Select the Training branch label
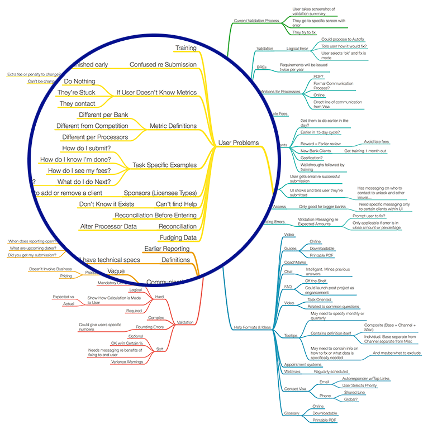(x=186, y=48)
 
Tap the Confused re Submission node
(x=163, y=65)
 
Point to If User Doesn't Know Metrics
(x=156, y=93)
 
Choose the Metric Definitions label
(x=173, y=126)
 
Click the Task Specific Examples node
(x=164, y=165)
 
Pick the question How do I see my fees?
(x=79, y=171)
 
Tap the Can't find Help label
(x=176, y=204)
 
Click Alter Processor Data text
(x=109, y=227)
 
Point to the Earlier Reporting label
(x=167, y=249)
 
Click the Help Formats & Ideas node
(x=253, y=327)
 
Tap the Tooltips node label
(x=291, y=336)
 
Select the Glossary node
(x=291, y=413)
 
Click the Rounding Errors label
(x=150, y=327)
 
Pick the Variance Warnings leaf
(x=127, y=361)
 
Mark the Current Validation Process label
(x=256, y=21)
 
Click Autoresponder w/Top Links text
(x=365, y=378)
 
